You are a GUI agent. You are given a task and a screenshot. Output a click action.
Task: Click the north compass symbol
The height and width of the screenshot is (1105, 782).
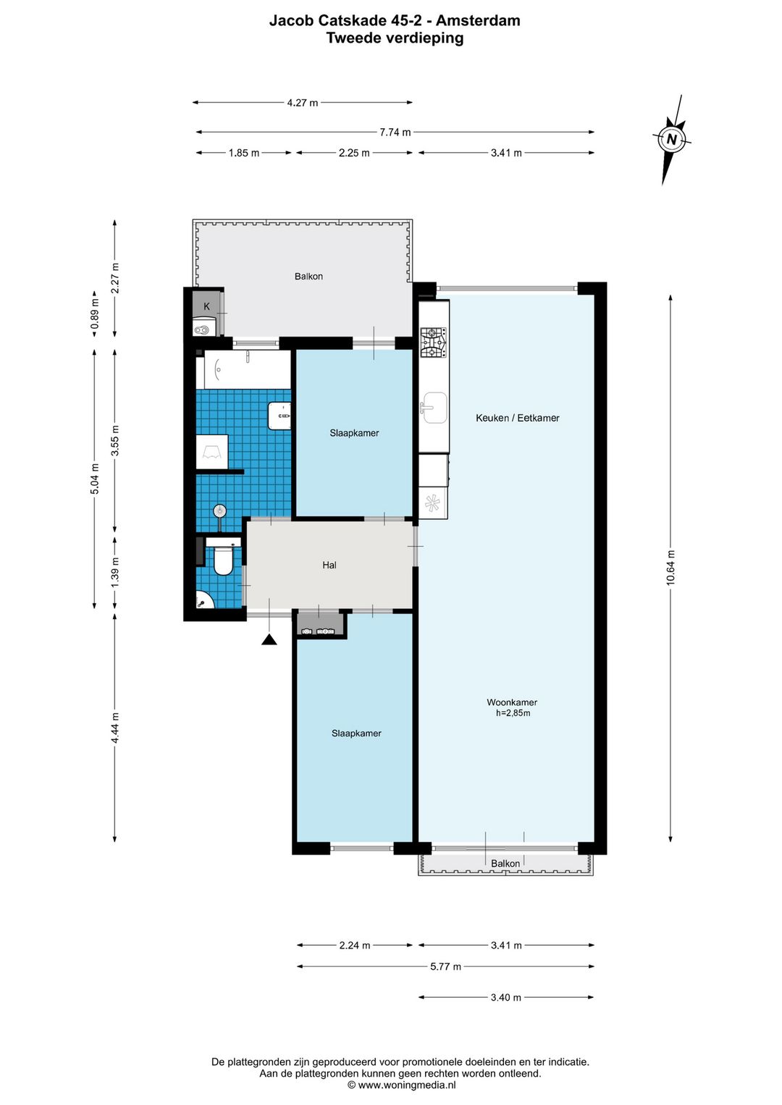[x=671, y=139]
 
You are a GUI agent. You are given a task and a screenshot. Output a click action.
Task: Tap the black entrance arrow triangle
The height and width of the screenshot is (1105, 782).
[x=269, y=639]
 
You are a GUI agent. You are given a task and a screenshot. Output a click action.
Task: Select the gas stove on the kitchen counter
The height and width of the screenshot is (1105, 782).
[x=433, y=343]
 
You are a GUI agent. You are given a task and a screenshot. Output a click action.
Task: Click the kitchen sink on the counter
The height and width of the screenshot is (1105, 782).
[x=434, y=408]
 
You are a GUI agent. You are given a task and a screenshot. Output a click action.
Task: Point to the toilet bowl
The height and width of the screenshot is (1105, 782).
[x=223, y=560]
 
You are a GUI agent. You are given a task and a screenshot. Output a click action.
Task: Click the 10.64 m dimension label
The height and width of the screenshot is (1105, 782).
[x=670, y=567]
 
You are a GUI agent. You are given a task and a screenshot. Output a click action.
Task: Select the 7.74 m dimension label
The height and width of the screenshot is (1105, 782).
[x=395, y=133]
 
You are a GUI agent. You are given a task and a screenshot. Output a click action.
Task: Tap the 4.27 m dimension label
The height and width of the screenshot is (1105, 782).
[x=303, y=103]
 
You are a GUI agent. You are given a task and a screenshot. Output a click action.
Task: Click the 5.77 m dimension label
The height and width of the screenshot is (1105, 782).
[x=445, y=967]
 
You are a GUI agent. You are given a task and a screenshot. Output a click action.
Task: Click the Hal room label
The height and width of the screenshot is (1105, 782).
[x=329, y=565]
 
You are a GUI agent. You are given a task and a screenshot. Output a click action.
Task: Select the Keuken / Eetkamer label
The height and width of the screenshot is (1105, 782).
[x=518, y=418]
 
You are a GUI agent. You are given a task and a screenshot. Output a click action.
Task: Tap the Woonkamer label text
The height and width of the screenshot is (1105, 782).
[x=512, y=702]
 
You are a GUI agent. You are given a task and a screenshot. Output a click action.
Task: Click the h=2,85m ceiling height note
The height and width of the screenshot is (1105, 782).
[x=513, y=713]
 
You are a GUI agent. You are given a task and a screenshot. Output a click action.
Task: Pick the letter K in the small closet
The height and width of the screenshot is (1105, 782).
[x=207, y=306]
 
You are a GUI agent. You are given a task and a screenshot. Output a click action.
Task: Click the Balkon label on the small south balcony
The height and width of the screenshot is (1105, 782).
[x=505, y=863]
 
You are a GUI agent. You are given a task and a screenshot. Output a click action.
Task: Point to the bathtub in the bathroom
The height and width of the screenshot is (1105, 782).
[x=244, y=369]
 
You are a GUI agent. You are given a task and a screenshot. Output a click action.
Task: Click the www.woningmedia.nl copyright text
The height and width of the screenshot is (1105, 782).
[x=402, y=1085]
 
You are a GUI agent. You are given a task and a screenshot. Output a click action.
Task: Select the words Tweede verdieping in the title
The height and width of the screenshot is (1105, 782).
[x=395, y=38]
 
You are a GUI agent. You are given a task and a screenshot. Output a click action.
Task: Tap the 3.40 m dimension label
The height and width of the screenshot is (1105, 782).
[x=505, y=997]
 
